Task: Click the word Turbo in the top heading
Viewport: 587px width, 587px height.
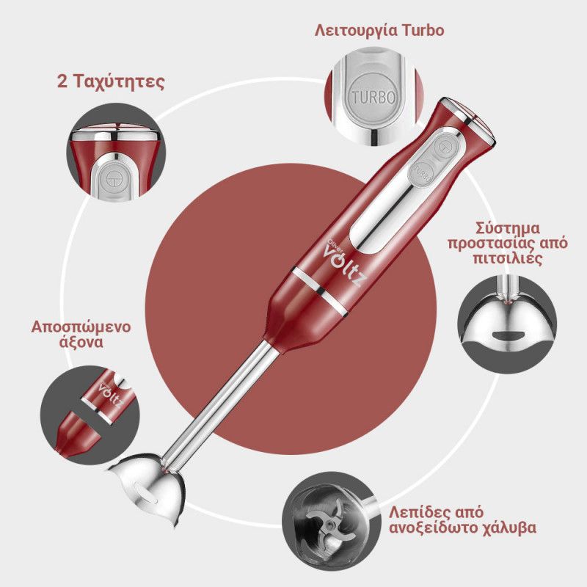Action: (423, 30)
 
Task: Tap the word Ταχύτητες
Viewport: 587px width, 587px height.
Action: (118, 82)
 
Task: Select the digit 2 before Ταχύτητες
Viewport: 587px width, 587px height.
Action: (62, 81)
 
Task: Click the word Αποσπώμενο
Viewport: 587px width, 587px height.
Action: (81, 327)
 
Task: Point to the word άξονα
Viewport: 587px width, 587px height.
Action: (81, 343)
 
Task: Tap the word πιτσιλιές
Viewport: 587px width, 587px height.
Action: (508, 259)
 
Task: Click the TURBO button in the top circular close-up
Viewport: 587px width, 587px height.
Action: (373, 97)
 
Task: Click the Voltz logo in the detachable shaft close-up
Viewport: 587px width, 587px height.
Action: (111, 395)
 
